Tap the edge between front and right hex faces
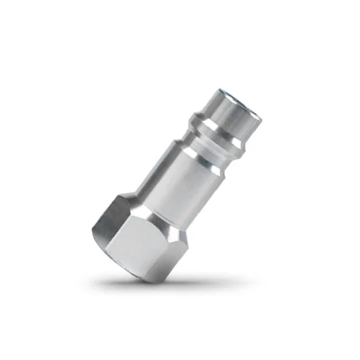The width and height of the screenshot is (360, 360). point(170,239)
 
